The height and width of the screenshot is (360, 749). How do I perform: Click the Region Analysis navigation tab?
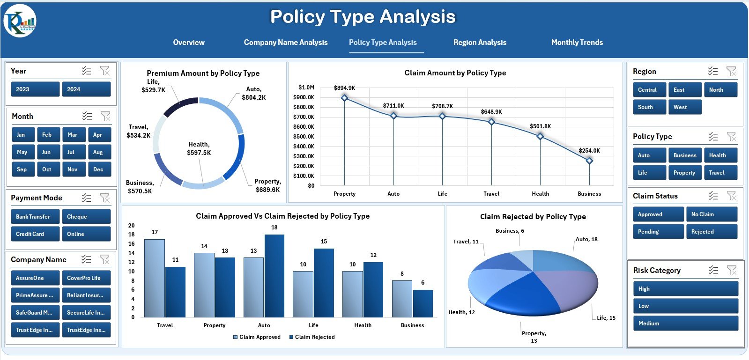point(480,42)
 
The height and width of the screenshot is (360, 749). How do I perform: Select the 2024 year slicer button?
point(86,89)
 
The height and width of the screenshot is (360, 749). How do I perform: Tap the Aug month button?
point(99,152)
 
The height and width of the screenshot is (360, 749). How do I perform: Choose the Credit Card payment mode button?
point(35,234)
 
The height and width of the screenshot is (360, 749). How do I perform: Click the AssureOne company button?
point(35,278)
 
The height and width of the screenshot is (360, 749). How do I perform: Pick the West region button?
point(684,107)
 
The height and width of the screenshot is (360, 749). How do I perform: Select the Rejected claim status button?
point(711,232)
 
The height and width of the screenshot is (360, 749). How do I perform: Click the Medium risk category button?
point(685,323)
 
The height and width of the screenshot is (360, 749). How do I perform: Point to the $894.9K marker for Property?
point(345,98)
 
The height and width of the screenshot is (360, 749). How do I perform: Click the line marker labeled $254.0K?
point(589,161)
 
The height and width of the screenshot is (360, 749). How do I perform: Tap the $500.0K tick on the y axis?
point(304,137)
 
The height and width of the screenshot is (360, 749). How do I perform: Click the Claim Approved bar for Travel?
point(155,278)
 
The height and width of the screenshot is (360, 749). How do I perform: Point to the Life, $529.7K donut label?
point(153,86)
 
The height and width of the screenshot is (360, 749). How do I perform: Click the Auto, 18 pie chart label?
point(586,239)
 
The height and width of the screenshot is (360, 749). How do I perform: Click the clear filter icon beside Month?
point(105,116)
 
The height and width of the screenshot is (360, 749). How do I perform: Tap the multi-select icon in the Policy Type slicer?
point(713,137)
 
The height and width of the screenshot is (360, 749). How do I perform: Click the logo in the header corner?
point(20,21)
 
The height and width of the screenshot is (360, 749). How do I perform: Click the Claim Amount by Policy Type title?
point(455,73)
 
